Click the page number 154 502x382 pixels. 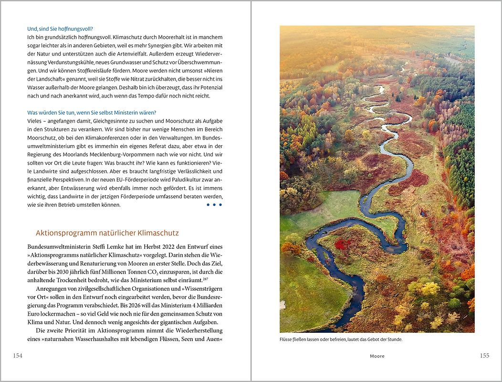tap(18, 355)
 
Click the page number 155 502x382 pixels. tap(484, 355)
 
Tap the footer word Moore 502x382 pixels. tap(377, 356)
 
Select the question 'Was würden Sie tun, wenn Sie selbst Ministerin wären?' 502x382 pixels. tap(92, 112)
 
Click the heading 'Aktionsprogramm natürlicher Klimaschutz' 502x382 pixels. tap(107, 233)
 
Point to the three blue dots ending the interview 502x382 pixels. tap(214, 205)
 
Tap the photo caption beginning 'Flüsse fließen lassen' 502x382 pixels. tap(341, 340)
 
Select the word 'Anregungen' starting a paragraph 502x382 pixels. tap(52, 288)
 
